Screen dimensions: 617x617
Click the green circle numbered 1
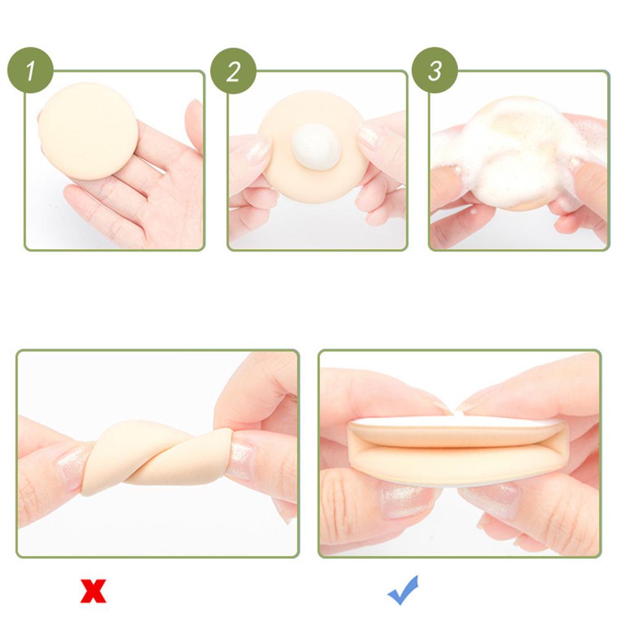click(30, 70)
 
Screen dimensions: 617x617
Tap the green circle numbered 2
click(234, 71)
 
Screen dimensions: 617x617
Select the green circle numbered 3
click(435, 70)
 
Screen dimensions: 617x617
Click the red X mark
click(93, 590)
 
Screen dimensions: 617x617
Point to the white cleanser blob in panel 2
click(316, 145)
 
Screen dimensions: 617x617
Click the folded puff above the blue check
click(459, 452)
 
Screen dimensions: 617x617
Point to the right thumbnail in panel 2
click(369, 136)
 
